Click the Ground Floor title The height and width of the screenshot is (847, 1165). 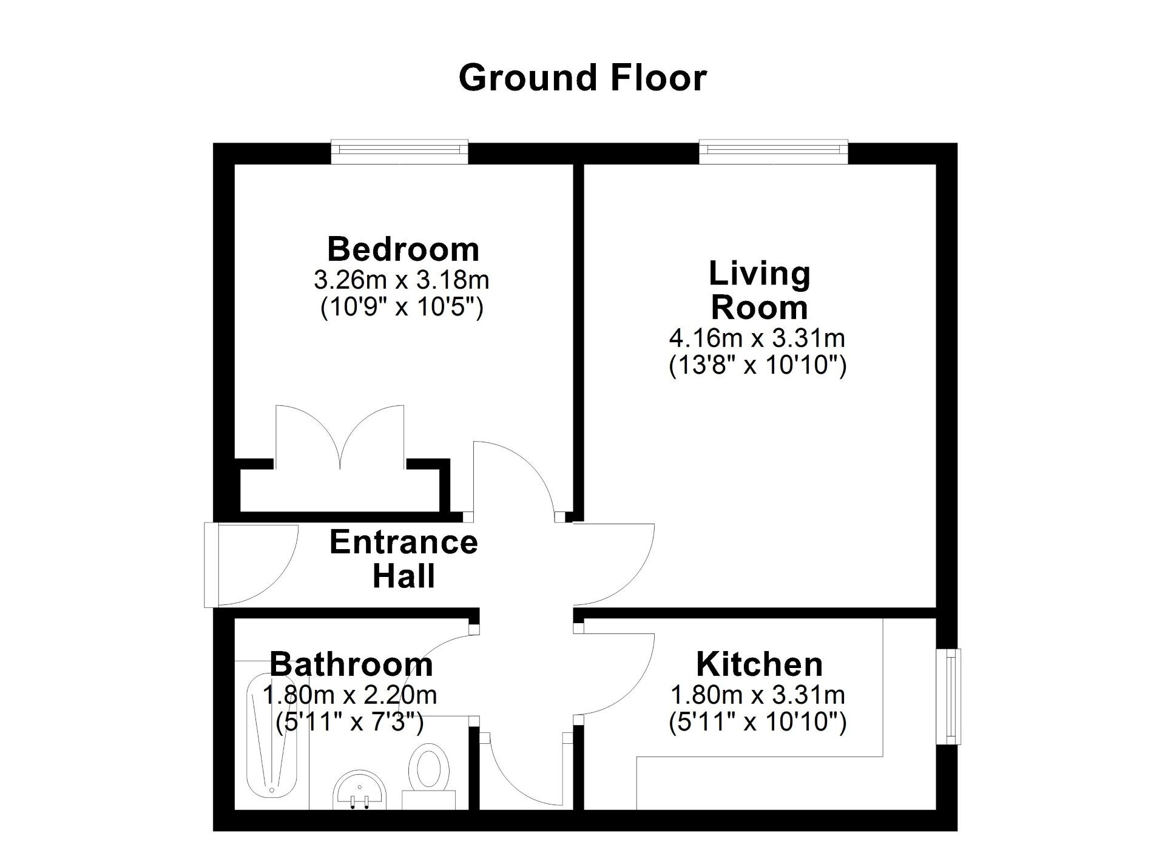tap(582, 78)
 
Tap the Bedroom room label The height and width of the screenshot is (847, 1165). tap(403, 249)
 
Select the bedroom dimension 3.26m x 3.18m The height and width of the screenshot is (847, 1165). tap(401, 280)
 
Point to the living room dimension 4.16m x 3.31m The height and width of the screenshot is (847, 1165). tap(757, 337)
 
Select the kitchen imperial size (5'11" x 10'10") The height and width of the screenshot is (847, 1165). tap(757, 722)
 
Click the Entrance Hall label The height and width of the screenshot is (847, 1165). tap(404, 559)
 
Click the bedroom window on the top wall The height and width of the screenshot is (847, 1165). tap(400, 151)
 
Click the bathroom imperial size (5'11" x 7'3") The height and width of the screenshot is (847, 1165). tap(349, 722)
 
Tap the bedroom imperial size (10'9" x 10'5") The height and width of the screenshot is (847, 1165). tap(401, 308)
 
